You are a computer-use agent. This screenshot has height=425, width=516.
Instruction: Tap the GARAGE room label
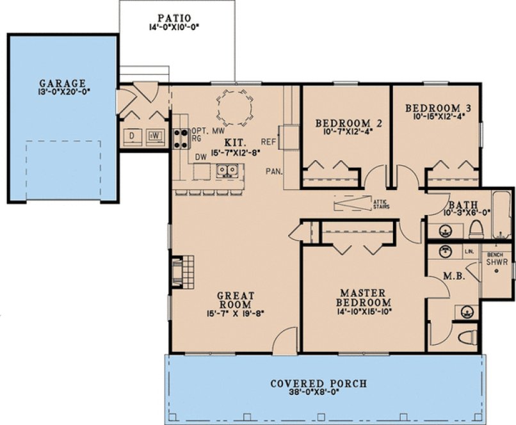62,83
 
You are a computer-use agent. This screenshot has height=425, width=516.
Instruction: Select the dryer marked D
133,136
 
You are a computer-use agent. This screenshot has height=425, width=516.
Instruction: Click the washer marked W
156,136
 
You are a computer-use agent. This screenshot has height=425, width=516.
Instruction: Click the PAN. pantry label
274,171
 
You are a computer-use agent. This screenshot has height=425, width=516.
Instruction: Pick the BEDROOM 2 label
344,123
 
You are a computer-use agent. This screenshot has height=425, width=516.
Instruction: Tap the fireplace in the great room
180,269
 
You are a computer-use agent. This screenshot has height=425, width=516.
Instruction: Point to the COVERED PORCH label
319,384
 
